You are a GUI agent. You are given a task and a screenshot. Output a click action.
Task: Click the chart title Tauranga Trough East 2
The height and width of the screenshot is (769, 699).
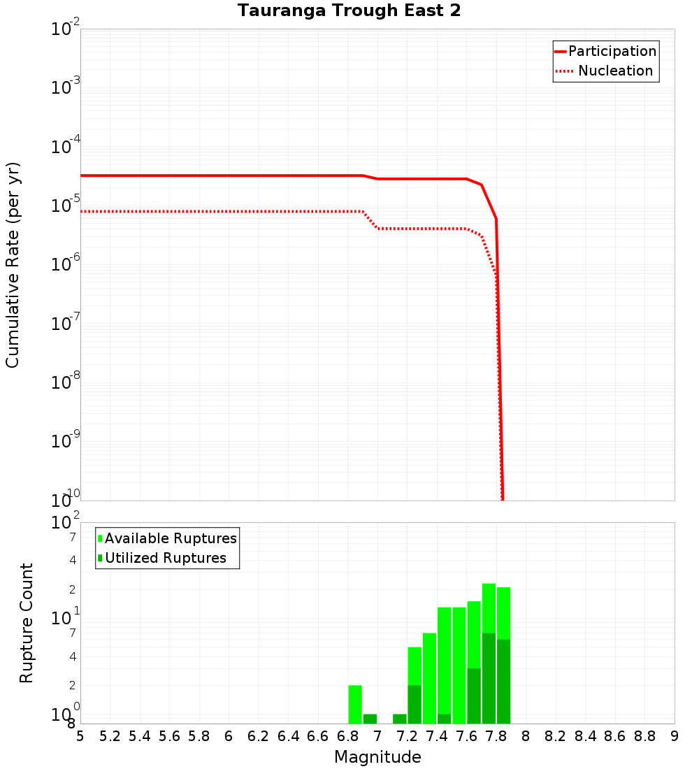pyautogui.click(x=349, y=11)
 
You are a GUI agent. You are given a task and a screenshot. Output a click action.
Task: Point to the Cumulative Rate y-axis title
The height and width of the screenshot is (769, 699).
pyautogui.click(x=13, y=264)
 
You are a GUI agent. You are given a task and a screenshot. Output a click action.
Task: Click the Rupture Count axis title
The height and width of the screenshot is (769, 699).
pyautogui.click(x=27, y=623)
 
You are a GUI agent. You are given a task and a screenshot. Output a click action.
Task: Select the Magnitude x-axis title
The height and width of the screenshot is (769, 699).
pyautogui.click(x=377, y=757)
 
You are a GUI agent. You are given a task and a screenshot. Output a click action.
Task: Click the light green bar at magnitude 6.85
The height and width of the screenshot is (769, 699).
pyautogui.click(x=355, y=704)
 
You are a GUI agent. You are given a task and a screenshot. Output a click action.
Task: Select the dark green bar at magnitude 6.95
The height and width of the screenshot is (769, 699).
pyautogui.click(x=370, y=719)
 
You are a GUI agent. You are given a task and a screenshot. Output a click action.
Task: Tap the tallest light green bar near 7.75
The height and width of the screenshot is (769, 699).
pyautogui.click(x=489, y=608)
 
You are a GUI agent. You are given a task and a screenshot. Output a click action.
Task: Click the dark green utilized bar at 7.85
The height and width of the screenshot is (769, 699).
pyautogui.click(x=503, y=682)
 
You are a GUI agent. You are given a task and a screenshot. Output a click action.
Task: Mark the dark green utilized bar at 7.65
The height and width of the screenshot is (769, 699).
pyautogui.click(x=474, y=696)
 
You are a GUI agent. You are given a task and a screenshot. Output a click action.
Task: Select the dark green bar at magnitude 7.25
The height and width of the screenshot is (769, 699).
pyautogui.click(x=415, y=704)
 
